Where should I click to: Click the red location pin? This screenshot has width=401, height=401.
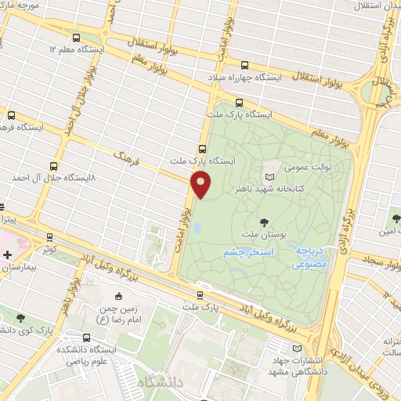tap(202, 185)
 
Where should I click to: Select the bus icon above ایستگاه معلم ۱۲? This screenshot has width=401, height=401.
tap(76, 37)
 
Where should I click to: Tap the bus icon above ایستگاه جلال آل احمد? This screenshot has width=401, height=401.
tap(53, 166)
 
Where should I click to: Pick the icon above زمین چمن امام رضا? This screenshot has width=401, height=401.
tap(119, 296)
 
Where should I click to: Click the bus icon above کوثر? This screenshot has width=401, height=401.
tap(49, 236)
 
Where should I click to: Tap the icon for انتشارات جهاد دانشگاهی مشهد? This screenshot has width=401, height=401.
tap(296, 348)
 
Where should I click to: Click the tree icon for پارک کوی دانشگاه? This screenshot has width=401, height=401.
tap(20, 318)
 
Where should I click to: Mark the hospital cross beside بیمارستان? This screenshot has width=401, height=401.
tap(7, 255)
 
